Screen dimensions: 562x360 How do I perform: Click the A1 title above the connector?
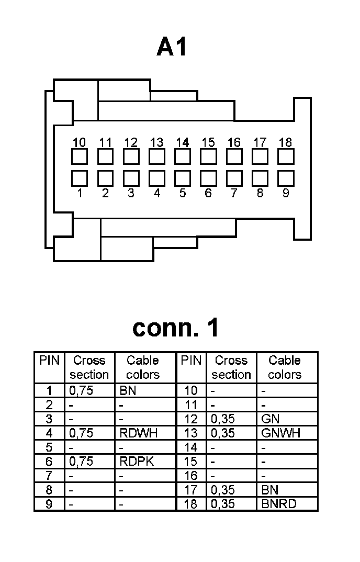172,48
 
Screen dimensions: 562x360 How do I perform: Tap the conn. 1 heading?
176,328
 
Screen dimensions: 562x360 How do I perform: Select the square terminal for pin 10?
79,156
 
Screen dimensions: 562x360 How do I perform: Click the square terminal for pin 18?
286,156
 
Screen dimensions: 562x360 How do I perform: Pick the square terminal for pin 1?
79,178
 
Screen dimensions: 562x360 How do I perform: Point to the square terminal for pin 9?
286,178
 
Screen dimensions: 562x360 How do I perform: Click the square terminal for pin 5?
183,178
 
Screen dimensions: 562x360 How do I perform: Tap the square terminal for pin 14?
183,156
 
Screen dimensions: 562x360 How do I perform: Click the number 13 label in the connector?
156,142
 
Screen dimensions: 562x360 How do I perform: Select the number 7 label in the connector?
234,193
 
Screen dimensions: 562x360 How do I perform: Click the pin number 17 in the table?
191,490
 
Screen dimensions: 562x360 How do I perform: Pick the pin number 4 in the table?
50,433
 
